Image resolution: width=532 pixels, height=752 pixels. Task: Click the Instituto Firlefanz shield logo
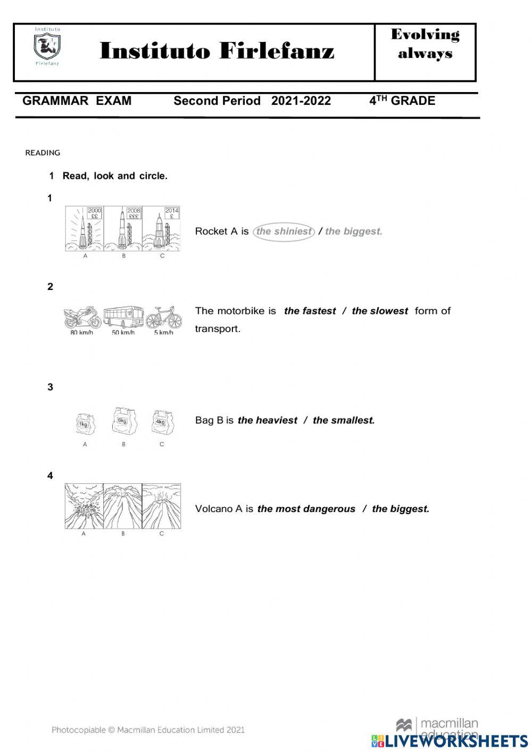[x=47, y=47]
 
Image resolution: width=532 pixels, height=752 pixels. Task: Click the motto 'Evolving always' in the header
[x=425, y=44]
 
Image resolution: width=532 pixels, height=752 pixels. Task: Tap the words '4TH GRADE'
[x=402, y=101]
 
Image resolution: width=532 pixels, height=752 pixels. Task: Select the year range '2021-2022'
[x=301, y=101]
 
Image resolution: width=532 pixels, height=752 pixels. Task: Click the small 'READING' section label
[x=43, y=153]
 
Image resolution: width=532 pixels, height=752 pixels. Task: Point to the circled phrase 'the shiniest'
[x=284, y=232]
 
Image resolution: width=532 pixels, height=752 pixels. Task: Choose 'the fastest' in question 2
[x=310, y=311]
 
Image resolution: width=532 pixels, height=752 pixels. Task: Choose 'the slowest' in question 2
[x=379, y=311]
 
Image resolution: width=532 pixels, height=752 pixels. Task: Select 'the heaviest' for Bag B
[x=267, y=420]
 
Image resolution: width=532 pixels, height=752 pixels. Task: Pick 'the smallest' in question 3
[x=344, y=420]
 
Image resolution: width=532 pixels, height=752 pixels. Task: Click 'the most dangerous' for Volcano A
[x=306, y=509]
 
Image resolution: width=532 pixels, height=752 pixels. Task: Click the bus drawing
[x=123, y=317]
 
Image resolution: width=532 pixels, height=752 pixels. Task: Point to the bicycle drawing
[x=164, y=318]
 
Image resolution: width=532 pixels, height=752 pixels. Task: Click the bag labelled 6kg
[x=123, y=423]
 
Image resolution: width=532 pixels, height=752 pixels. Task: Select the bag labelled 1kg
[x=84, y=424]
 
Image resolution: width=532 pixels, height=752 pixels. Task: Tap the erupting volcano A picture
[x=84, y=506]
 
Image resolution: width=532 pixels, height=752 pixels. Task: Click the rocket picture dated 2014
[x=162, y=229]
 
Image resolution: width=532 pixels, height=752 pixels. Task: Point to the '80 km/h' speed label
[x=81, y=333]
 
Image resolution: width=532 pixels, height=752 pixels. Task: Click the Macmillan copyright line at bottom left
[x=148, y=730]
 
